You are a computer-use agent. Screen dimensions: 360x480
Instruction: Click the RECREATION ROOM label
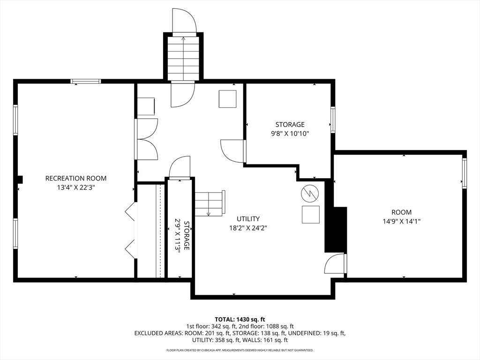[75, 178]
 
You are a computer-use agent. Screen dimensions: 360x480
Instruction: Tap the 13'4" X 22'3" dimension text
[75, 187]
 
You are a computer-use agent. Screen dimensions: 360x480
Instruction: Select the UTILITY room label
[248, 219]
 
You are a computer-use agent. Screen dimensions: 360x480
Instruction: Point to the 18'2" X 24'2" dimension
[248, 228]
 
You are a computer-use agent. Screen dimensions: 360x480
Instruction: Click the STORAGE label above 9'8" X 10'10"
[290, 125]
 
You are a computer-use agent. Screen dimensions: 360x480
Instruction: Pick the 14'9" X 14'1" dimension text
[401, 221]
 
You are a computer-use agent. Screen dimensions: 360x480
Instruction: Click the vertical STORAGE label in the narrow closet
[187, 235]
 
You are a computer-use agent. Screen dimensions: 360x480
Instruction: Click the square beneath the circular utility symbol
[310, 214]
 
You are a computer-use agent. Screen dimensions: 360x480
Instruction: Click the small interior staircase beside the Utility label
[210, 203]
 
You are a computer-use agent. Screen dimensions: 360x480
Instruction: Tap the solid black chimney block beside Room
[336, 230]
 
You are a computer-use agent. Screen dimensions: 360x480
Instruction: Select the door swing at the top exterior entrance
[183, 21]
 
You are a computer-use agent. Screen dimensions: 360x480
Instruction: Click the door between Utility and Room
[336, 263]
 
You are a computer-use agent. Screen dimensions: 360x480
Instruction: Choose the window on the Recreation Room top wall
[85, 82]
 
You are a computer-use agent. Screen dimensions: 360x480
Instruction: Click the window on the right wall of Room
[464, 173]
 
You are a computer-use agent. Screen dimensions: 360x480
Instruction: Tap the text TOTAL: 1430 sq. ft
[240, 319]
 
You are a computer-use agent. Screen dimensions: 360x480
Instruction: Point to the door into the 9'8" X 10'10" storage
[232, 151]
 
